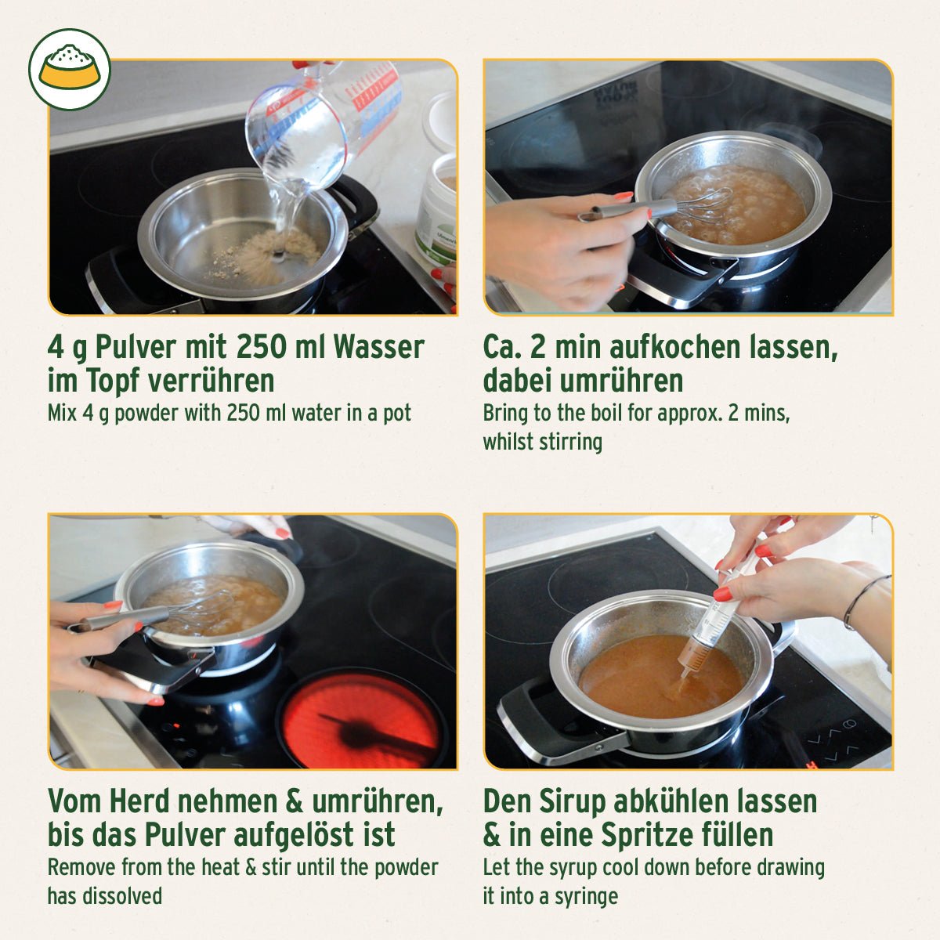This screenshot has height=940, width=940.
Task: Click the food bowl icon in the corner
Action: click(69, 69)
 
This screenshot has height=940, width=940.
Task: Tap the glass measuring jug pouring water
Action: click(321, 125)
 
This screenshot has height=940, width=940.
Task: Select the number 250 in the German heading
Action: click(264, 347)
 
